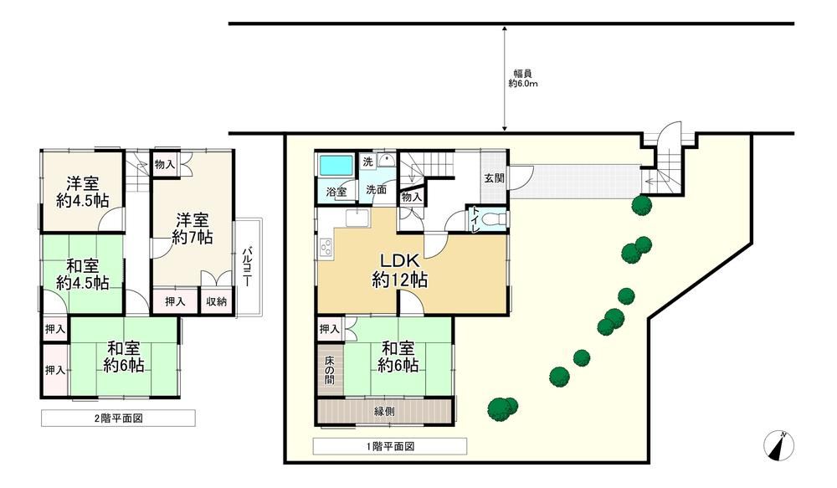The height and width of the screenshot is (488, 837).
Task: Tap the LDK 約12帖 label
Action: point(400,270)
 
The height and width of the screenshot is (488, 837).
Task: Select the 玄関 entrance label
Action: point(495,178)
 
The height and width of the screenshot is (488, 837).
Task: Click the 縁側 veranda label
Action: point(384,412)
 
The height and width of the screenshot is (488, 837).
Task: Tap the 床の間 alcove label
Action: point(329,371)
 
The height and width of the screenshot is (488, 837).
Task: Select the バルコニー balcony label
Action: point(247,267)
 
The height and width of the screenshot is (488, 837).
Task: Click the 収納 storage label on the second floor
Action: point(217,301)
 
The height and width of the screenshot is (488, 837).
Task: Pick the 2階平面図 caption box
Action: point(118,418)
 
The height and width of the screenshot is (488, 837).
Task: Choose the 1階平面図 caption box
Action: point(390,446)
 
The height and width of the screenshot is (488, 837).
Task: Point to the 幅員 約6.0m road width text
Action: point(522,79)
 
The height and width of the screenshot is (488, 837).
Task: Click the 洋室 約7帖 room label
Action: point(193,228)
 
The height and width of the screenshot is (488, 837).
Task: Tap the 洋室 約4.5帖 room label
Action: point(83,192)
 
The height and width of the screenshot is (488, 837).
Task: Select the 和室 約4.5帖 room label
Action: point(83,274)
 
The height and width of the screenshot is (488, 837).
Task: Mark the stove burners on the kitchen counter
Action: point(326,248)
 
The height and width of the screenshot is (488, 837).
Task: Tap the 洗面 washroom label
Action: point(377,189)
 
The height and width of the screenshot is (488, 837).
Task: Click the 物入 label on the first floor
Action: point(411,197)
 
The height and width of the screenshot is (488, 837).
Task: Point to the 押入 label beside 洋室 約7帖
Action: point(175,301)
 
